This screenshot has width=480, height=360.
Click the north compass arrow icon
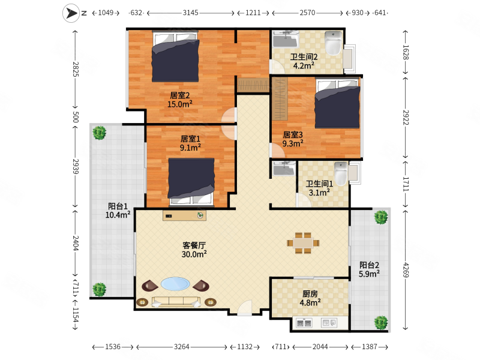(71, 13)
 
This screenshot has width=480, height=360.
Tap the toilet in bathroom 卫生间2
(333, 43)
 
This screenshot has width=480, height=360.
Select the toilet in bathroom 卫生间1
(341, 173)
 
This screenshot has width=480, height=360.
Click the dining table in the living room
(303, 243)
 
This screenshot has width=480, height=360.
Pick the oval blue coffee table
(175, 284)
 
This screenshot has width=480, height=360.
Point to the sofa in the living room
(176, 302)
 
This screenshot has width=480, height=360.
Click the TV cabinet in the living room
(184, 215)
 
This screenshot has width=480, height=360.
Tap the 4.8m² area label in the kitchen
(310, 303)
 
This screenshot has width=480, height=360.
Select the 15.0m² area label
(179, 104)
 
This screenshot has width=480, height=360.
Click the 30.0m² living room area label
(194, 254)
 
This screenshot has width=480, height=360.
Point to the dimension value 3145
(190, 13)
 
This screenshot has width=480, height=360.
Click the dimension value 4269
(406, 269)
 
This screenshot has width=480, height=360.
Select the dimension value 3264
(182, 347)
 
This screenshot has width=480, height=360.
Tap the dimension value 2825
(76, 69)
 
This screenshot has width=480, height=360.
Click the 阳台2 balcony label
(369, 265)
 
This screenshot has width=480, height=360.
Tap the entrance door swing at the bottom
(245, 307)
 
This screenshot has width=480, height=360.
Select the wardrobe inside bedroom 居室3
(280, 98)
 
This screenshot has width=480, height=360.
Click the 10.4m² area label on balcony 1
(118, 215)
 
